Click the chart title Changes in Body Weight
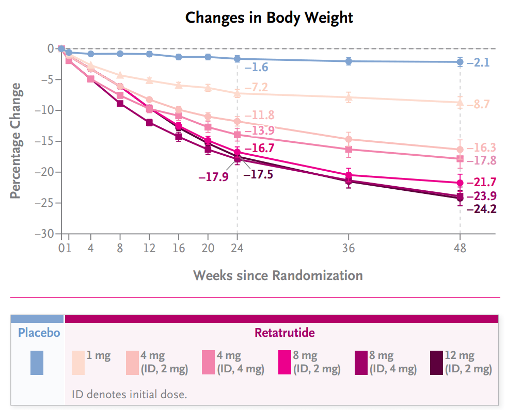pos(269,18)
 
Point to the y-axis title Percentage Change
pos(16,140)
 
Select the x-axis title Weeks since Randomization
pos(278,275)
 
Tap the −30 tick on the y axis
pos(44,234)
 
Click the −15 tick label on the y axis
pos(44,141)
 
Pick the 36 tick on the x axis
pos(349,248)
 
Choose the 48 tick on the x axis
pos(460,248)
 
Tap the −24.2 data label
pos(481,209)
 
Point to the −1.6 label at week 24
pos(256,68)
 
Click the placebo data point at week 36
pos(349,61)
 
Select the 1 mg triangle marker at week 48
pos(460,102)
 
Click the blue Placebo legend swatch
pos(37,362)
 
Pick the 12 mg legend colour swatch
pos(436,362)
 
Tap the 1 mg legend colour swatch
pos(78,362)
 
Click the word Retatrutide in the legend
pos(284,333)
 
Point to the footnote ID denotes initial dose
pos(129,395)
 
